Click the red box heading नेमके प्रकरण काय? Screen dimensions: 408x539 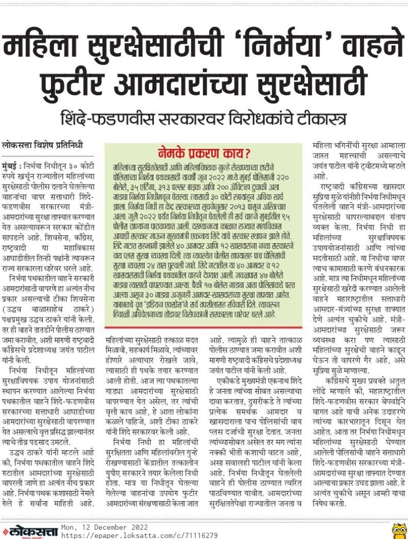click(203, 153)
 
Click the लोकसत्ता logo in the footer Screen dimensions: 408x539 click(31, 531)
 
